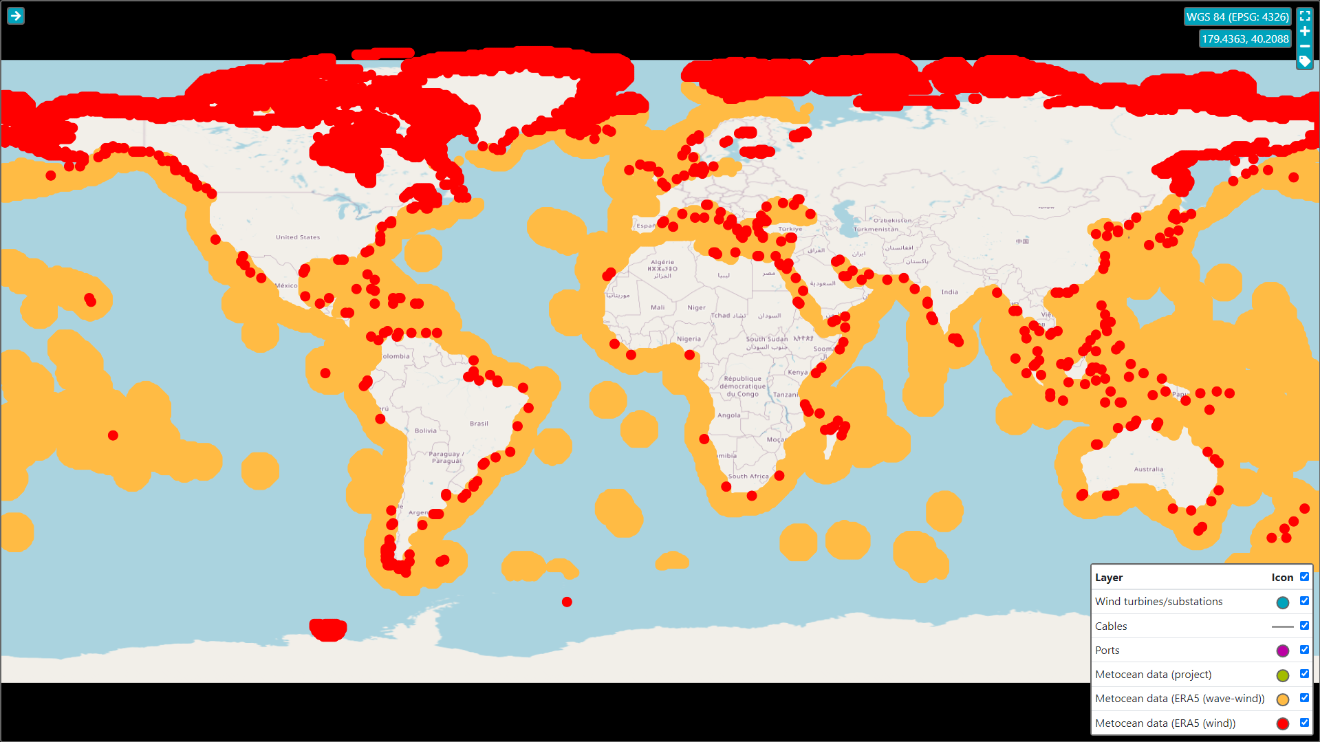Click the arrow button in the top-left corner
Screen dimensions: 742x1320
tap(16, 16)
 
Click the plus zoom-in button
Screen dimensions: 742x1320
tap(1305, 31)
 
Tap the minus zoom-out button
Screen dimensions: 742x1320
tap(1305, 46)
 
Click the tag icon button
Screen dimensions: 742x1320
tap(1305, 61)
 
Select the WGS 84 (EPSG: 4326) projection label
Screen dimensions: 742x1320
tap(1237, 17)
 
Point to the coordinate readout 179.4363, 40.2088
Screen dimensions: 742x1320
tap(1245, 39)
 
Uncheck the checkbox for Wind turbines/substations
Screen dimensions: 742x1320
tap(1304, 601)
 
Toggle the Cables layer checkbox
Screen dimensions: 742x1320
tap(1304, 626)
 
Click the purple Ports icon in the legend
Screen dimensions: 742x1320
tap(1282, 651)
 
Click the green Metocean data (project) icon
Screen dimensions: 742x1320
tap(1282, 675)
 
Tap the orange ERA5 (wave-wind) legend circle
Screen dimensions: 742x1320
tap(1282, 699)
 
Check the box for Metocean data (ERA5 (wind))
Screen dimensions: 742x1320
tap(1304, 723)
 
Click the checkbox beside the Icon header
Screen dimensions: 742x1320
tap(1304, 577)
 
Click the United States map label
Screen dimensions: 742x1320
tap(298, 237)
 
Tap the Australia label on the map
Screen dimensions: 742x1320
tap(1148, 469)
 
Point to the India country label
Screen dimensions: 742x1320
tap(949, 292)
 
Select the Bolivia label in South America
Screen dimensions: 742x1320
tap(425, 430)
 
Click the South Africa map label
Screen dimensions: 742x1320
tap(748, 476)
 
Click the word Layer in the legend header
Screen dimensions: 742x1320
tap(1108, 578)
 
